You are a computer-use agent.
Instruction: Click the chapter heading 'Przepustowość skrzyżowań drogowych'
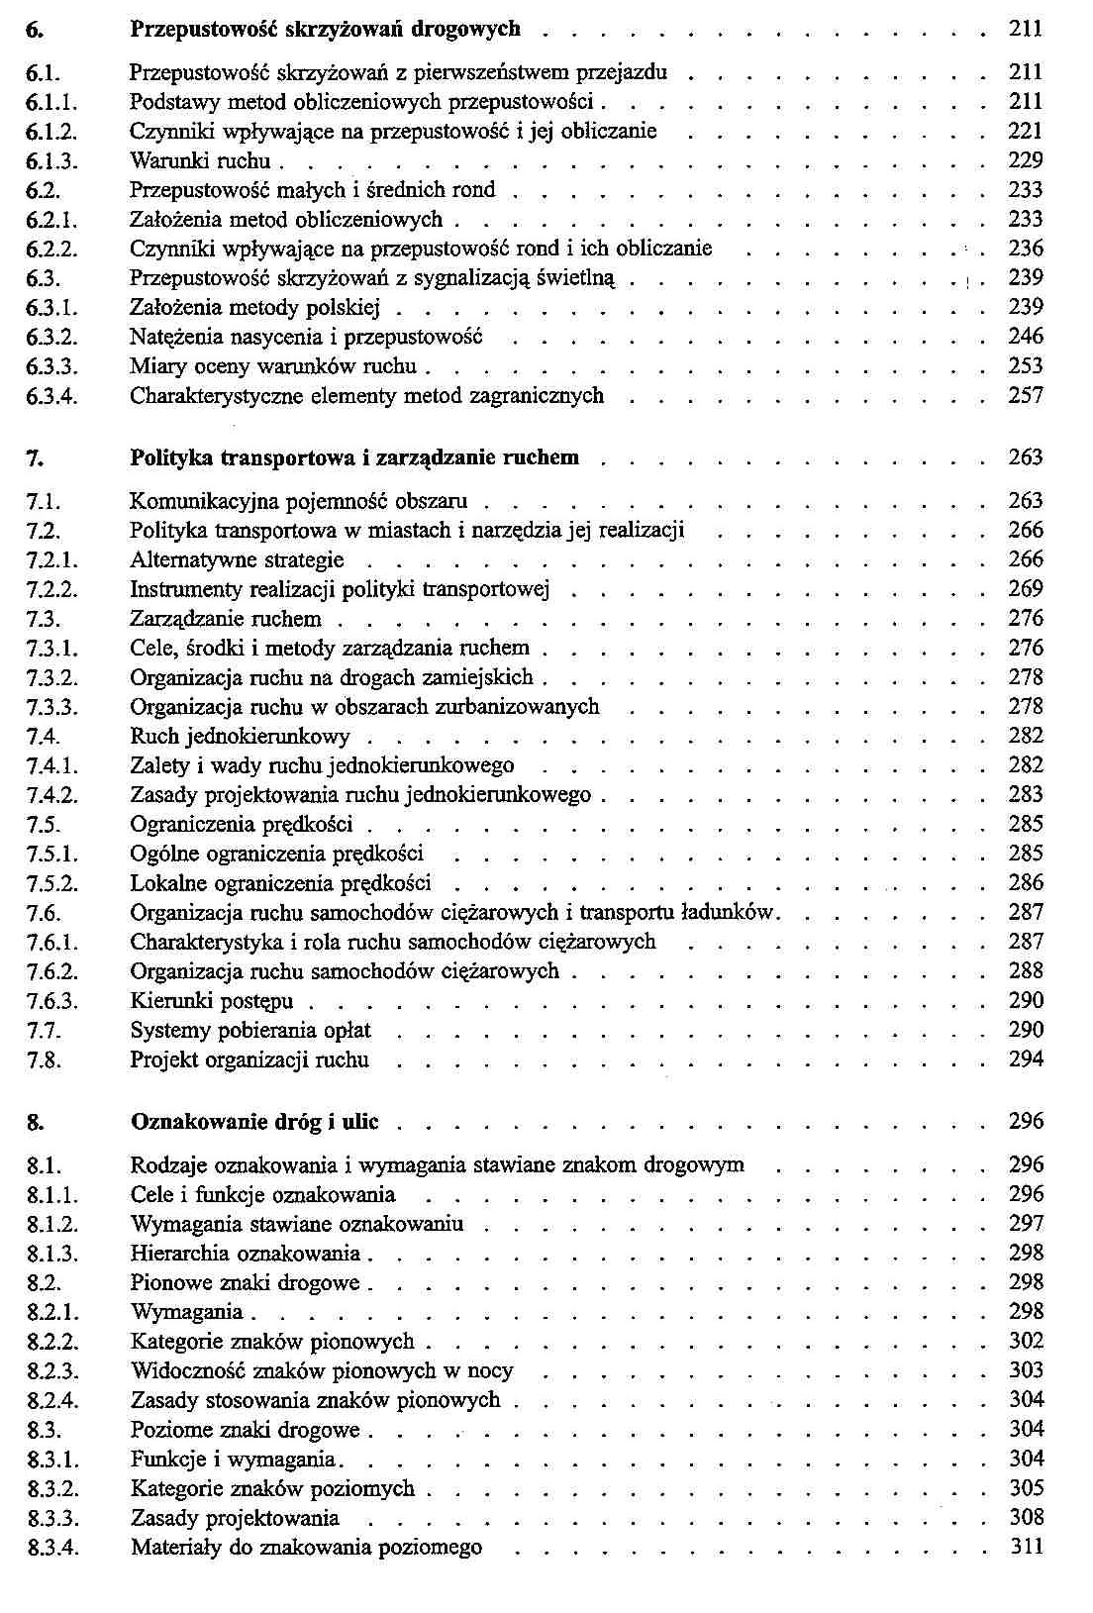click(x=325, y=29)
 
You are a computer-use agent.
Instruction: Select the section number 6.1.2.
click(x=52, y=132)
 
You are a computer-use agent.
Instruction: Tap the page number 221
click(x=1026, y=131)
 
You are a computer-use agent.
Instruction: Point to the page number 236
click(x=1026, y=249)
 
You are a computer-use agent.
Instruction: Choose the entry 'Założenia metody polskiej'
click(x=254, y=308)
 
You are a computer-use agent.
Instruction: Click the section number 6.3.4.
click(x=52, y=396)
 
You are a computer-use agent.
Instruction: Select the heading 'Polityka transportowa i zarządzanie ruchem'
click(x=354, y=457)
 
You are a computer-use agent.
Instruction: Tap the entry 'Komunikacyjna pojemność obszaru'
click(x=299, y=501)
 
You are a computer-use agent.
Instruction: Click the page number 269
click(x=1026, y=589)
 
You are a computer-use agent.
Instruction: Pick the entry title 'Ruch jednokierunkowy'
click(x=240, y=737)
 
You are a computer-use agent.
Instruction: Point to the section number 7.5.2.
click(x=52, y=883)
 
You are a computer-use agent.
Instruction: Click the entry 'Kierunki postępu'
click(x=212, y=1001)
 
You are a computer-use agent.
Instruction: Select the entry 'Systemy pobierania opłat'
click(x=250, y=1031)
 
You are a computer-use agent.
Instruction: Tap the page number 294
click(x=1026, y=1059)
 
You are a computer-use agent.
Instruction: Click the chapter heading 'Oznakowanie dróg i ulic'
click(x=254, y=1122)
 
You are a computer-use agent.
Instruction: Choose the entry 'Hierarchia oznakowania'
click(x=246, y=1254)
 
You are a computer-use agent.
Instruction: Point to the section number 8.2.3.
click(x=52, y=1371)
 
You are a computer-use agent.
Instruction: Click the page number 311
click(x=1026, y=1547)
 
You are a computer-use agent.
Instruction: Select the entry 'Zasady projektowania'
click(x=235, y=1518)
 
